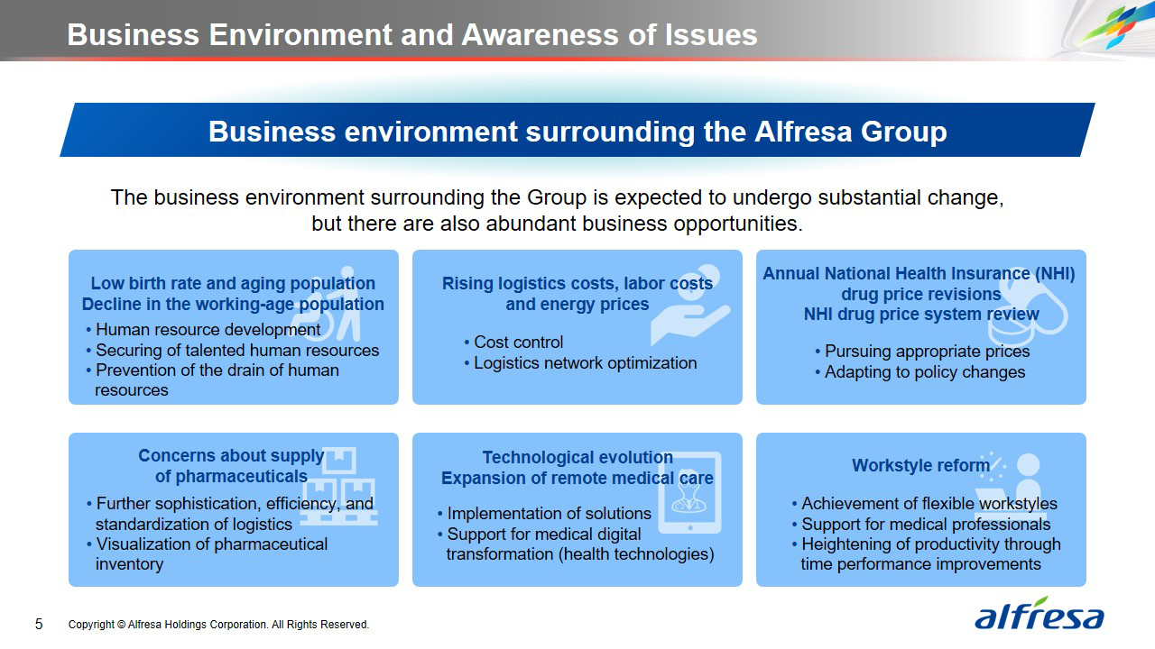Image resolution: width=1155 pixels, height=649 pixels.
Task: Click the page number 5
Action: tap(39, 625)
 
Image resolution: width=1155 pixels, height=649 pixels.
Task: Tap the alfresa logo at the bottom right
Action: tap(1039, 614)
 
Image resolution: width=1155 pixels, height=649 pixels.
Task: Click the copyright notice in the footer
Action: tap(218, 625)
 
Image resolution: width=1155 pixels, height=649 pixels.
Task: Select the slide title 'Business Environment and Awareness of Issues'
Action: tap(412, 35)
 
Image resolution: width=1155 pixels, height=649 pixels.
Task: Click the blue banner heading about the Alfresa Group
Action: tap(577, 131)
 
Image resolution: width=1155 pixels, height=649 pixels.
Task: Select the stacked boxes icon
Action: tap(338, 486)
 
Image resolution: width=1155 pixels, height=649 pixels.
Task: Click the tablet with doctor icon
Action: tap(690, 492)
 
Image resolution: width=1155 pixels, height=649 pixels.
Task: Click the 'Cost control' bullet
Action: tap(513, 342)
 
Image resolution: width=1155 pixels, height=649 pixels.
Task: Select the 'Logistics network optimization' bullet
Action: tap(580, 363)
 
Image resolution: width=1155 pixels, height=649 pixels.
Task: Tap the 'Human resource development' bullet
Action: tap(203, 330)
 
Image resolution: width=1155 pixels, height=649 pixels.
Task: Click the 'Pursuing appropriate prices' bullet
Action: tap(922, 352)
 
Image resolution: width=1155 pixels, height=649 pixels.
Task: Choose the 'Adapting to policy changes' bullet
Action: tap(920, 372)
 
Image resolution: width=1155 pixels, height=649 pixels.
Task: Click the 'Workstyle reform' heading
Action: tap(921, 466)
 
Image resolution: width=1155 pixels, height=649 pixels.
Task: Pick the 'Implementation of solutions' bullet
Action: tap(544, 514)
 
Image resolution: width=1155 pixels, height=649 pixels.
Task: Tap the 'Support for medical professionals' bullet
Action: tap(921, 525)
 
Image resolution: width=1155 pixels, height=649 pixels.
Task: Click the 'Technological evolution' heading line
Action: tap(577, 457)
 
